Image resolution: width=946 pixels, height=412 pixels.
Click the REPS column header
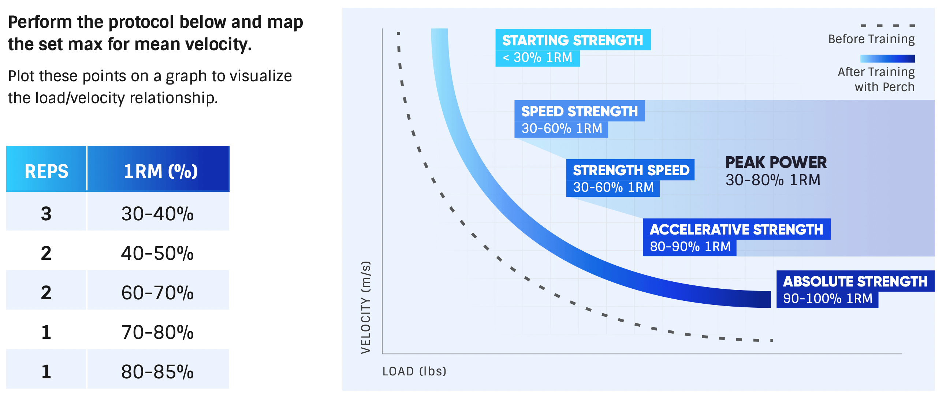coord(46,171)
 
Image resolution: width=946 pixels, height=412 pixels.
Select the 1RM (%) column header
coord(160,171)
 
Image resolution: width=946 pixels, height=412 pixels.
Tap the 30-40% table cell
coord(157,214)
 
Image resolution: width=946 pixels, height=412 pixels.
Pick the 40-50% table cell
coord(157,253)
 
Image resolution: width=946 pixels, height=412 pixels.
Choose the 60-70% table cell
coord(157,293)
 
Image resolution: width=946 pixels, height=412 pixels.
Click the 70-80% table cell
coord(157,332)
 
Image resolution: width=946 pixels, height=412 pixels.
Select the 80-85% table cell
coord(157,372)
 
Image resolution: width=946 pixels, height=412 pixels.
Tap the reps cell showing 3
coord(46,214)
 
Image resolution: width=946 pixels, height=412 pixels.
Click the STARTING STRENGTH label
coord(572,40)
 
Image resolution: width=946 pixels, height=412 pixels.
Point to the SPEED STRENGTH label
coord(579,111)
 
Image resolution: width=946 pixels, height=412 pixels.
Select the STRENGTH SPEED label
coord(630,170)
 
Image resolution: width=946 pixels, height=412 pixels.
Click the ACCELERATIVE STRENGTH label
coord(736,229)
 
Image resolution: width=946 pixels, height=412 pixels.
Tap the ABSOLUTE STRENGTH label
coord(854,281)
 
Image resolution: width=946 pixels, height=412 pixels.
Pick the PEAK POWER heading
coord(775,162)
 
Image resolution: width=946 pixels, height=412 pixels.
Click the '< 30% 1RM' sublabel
coord(537,57)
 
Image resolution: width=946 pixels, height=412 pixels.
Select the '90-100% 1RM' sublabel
coord(827,299)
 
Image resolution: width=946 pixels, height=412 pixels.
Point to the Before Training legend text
coord(871,39)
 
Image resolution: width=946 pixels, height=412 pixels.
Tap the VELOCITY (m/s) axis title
coord(366,307)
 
